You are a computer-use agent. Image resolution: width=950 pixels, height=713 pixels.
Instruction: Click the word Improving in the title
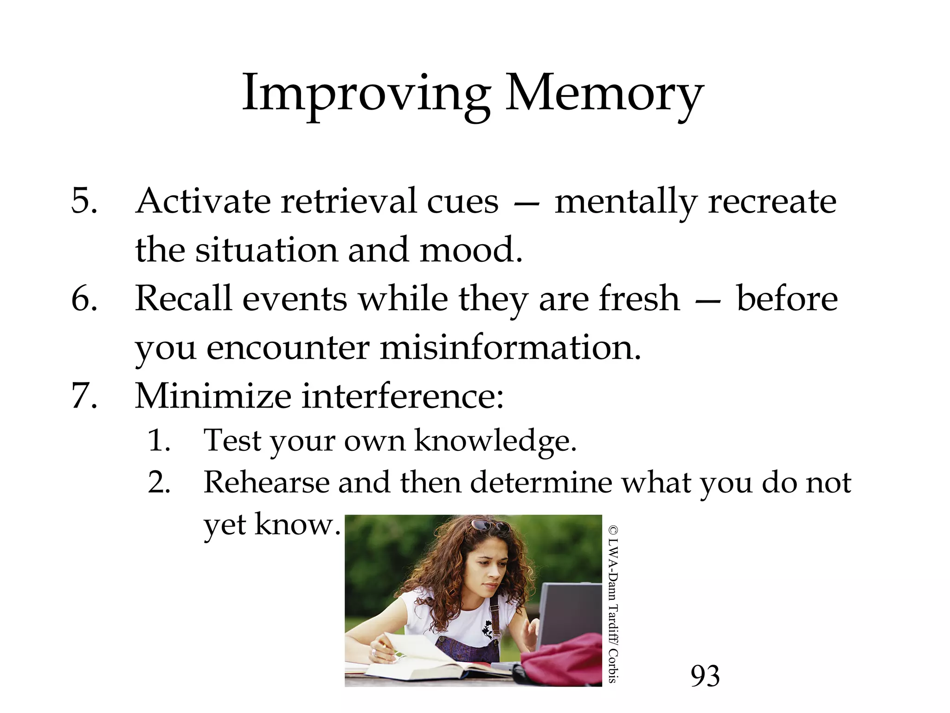[x=366, y=94]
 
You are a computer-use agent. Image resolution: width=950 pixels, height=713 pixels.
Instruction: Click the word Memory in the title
[x=604, y=94]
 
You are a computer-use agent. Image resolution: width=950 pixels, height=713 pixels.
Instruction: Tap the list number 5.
[x=84, y=201]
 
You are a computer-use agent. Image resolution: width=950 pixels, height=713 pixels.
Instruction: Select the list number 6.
[x=84, y=298]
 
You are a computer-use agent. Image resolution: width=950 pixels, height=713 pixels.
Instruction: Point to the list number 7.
[x=84, y=396]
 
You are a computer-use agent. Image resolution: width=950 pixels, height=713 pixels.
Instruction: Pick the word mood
[x=471, y=250]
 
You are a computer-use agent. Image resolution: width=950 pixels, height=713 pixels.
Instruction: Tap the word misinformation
[x=510, y=347]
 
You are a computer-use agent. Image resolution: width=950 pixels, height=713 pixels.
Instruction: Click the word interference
[x=403, y=396]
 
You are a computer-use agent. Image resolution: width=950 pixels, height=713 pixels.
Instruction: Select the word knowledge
[x=495, y=440]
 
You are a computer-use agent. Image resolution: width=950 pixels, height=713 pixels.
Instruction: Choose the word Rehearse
[x=266, y=482]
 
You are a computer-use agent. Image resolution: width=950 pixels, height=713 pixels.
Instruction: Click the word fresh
[x=639, y=298]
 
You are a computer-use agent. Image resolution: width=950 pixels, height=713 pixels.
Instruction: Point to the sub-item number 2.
[x=159, y=482]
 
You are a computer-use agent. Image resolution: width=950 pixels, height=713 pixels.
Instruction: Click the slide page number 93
[x=705, y=676]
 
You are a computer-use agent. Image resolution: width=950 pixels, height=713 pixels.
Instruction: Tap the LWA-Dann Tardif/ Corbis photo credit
[x=613, y=603]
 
